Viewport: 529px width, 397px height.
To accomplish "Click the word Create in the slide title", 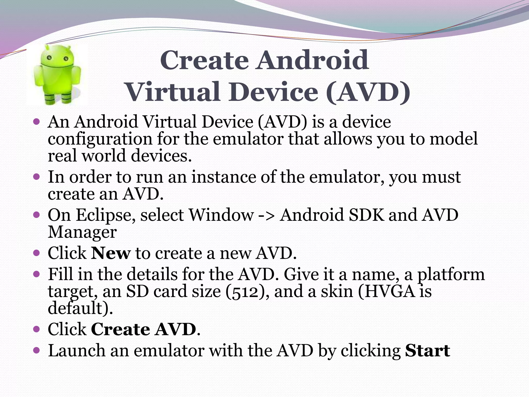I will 204,60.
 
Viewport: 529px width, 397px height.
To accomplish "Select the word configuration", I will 100,139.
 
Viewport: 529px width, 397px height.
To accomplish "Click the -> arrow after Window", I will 267,215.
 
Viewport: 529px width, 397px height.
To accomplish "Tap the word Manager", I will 82,232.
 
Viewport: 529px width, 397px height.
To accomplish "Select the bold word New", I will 111,253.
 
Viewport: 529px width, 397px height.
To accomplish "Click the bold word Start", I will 427,351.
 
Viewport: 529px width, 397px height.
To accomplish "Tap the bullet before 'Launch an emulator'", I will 37,351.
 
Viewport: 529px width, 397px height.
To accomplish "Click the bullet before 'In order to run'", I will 37,177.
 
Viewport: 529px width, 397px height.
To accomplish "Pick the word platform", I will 451,275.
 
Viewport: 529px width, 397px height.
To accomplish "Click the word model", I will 454,139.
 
